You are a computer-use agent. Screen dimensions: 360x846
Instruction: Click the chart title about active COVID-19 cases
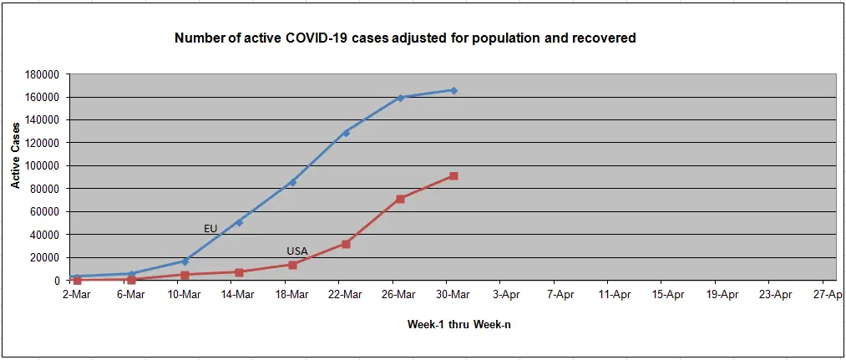(x=405, y=38)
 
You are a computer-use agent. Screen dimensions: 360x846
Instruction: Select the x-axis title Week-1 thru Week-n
(x=458, y=324)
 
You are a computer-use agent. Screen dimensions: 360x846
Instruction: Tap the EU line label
(x=210, y=228)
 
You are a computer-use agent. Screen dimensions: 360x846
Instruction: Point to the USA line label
(x=297, y=251)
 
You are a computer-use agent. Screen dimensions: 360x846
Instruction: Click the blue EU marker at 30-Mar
(x=453, y=90)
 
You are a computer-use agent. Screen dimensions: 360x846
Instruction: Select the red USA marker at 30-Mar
(x=453, y=176)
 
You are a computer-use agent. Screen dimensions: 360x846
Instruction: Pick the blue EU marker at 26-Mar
(x=400, y=98)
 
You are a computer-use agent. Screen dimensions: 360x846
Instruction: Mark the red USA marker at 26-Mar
(x=400, y=199)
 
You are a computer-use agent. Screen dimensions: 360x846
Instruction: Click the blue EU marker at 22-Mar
(x=346, y=133)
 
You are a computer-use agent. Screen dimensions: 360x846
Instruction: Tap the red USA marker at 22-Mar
(x=346, y=244)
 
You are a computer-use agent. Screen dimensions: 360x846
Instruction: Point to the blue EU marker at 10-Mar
(x=185, y=261)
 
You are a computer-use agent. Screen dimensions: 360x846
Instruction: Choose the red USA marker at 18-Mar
(x=292, y=265)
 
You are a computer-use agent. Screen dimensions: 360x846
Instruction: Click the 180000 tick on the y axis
(x=41, y=74)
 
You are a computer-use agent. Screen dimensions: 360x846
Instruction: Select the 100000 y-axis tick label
(x=41, y=165)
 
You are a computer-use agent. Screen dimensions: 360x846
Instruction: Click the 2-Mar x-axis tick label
(x=77, y=294)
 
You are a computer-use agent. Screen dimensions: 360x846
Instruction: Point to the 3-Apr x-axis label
(x=507, y=294)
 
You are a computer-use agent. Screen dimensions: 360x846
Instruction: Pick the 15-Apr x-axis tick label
(x=668, y=294)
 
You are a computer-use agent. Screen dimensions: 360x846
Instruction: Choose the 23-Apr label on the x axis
(x=776, y=294)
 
